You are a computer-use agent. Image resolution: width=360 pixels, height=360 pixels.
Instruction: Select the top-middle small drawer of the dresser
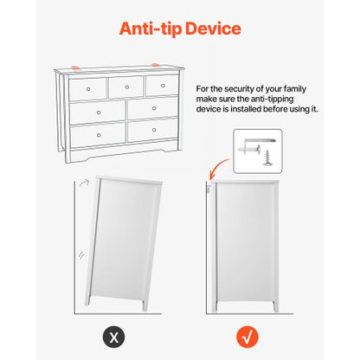point(125,87)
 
